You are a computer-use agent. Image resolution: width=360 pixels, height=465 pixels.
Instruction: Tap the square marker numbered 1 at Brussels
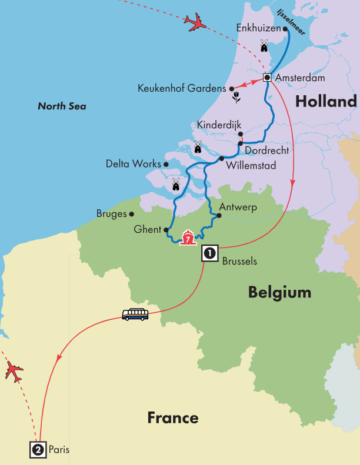pyautogui.click(x=210, y=253)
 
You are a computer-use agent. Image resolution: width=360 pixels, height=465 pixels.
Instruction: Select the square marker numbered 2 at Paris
pyautogui.click(x=38, y=450)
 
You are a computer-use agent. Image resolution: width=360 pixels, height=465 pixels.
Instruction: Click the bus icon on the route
pyautogui.click(x=135, y=315)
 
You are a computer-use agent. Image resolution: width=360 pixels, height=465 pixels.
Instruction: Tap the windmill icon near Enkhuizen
pyautogui.click(x=264, y=45)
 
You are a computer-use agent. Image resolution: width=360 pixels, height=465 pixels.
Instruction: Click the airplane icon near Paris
pyautogui.click(x=15, y=372)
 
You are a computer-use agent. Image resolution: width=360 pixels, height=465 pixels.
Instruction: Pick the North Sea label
pyautogui.click(x=62, y=106)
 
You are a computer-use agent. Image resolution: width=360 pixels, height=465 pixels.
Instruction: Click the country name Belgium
pyautogui.click(x=279, y=292)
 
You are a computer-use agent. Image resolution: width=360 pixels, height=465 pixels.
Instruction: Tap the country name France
pyautogui.click(x=172, y=418)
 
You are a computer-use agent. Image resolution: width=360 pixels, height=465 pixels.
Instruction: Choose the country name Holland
pyautogui.click(x=326, y=102)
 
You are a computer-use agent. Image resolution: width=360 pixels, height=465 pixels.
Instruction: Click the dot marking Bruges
pyautogui.click(x=132, y=214)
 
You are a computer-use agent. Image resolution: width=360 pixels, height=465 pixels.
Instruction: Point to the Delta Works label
pyautogui.click(x=133, y=164)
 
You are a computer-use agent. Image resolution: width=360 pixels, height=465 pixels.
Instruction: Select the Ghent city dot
pyautogui.click(x=166, y=230)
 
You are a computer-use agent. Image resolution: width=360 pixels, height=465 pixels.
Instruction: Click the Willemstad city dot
pyautogui.click(x=221, y=158)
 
